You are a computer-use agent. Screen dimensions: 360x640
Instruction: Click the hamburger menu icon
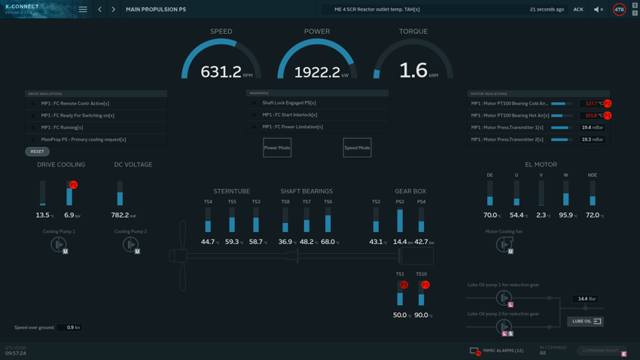point(83,10)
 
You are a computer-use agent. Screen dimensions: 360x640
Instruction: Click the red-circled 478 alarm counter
point(619,10)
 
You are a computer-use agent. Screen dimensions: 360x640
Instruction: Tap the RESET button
point(37,151)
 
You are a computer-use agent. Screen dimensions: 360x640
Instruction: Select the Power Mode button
point(277,148)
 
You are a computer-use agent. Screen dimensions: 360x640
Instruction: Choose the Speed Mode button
point(357,148)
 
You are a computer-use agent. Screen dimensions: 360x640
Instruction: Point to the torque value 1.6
point(413,71)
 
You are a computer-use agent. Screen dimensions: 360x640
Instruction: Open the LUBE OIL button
point(585,322)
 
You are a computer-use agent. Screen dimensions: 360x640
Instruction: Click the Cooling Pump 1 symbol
point(58,244)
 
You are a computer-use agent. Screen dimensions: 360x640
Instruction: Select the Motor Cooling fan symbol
point(504,244)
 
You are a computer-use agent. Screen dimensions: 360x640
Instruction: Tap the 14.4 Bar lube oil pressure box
point(585,299)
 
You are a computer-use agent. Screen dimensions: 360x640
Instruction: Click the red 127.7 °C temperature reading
point(590,104)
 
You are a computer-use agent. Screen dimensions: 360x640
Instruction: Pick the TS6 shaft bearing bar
point(328,222)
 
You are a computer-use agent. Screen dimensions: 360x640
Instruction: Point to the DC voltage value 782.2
point(120,215)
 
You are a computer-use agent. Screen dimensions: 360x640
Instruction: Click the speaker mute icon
point(598,10)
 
